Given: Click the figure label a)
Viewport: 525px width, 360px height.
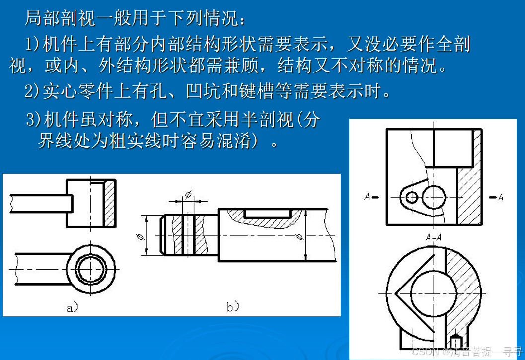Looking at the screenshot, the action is [x=72, y=307].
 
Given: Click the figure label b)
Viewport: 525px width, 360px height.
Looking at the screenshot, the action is [x=233, y=306].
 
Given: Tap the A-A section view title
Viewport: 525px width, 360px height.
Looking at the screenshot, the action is [x=434, y=237].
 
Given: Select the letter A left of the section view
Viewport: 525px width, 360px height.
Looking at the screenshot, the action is [x=367, y=197].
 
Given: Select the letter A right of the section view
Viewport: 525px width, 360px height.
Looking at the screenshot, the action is [x=501, y=197].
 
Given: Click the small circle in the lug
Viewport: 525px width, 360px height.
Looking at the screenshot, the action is [x=412, y=197].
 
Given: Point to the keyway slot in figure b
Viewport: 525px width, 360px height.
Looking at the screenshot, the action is [x=267, y=214].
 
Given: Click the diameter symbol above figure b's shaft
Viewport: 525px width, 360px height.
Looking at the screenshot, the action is [x=188, y=194].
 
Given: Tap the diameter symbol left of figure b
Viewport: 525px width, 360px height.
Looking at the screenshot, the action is [x=141, y=237].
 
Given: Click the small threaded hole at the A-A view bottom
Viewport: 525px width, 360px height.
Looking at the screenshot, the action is [x=455, y=341].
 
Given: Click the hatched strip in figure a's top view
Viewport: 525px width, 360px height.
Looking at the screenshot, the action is [x=110, y=203].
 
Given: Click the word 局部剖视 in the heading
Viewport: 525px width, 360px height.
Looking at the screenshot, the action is [x=60, y=18].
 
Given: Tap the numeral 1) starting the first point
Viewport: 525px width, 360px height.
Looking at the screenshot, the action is [x=33, y=45].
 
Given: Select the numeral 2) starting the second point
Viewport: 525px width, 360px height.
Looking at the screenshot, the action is [x=32, y=91].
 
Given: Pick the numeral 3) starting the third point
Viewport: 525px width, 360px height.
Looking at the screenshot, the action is [x=34, y=120].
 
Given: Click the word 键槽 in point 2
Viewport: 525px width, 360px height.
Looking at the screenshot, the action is [x=257, y=91].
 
